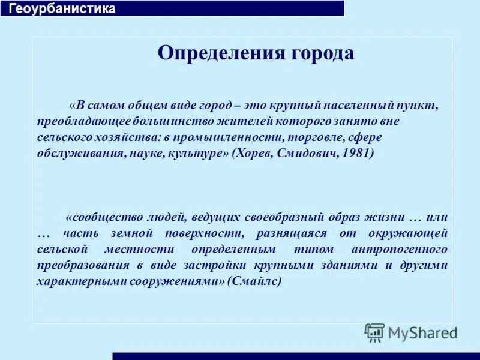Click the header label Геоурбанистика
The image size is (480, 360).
(62, 8)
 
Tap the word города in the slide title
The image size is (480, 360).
(322, 53)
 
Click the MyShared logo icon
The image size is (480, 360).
(374, 332)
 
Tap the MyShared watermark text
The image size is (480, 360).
(422, 332)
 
